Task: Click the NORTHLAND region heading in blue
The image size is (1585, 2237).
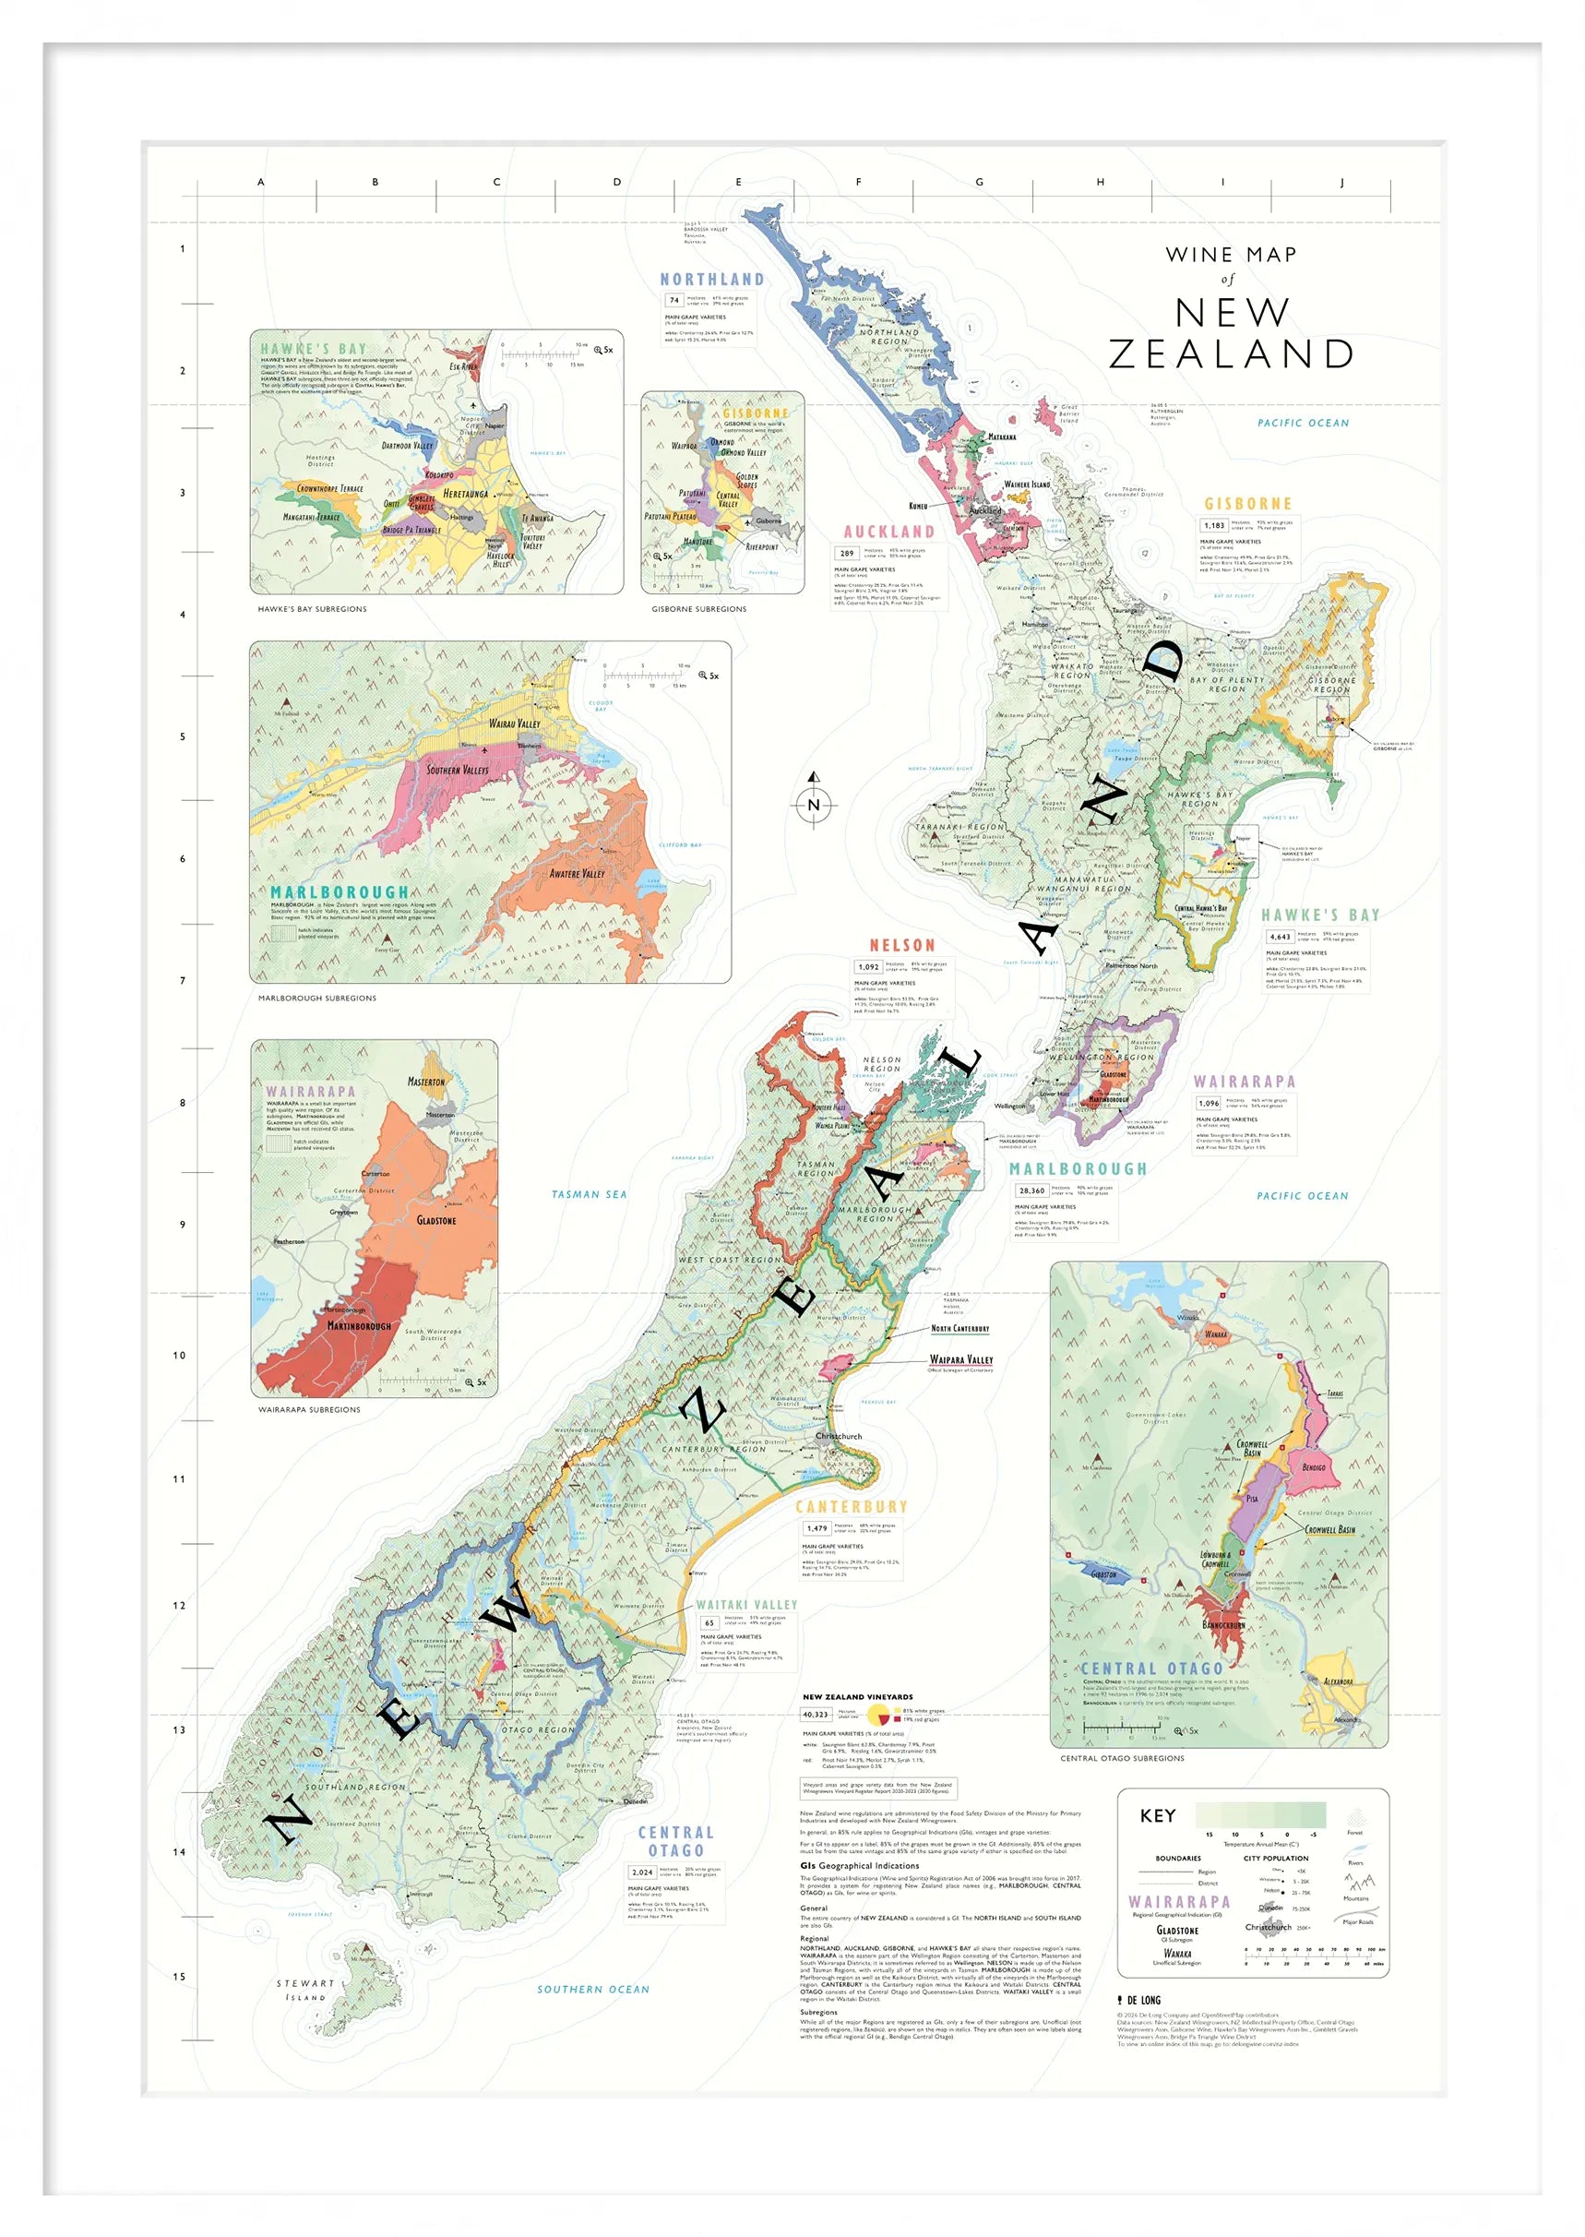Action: (711, 279)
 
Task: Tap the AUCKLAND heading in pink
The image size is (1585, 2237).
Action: (888, 531)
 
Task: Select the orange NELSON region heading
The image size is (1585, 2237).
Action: (901, 945)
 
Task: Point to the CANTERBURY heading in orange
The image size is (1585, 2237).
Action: (851, 1507)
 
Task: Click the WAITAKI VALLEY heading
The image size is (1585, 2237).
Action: (746, 1605)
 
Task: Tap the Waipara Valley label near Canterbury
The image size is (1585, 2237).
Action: (960, 1359)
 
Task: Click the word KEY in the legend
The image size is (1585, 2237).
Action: (1158, 1815)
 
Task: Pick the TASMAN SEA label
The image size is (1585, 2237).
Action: (589, 1193)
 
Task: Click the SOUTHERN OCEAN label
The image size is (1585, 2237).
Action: (592, 1989)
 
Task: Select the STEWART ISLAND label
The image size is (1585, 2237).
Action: (305, 1990)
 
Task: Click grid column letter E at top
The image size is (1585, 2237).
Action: (738, 182)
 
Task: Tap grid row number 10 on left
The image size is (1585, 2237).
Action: (180, 1356)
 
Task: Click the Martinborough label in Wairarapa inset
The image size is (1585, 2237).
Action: (358, 1326)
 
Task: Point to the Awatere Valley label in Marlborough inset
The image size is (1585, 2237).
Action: (577, 874)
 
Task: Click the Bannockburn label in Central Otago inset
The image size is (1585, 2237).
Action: (1223, 1626)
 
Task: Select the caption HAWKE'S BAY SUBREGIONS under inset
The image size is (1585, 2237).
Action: (313, 609)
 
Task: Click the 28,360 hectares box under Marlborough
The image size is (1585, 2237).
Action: (1031, 1190)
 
